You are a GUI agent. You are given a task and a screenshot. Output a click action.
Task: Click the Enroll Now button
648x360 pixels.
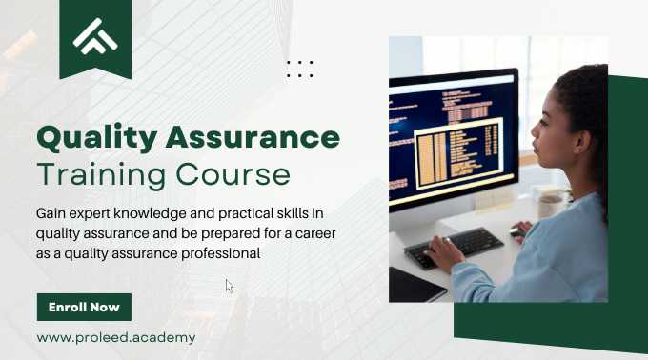pos(84,308)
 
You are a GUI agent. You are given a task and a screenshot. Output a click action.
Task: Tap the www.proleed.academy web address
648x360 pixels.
pos(115,337)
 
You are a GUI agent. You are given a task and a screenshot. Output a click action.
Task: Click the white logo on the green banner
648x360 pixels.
pos(95,36)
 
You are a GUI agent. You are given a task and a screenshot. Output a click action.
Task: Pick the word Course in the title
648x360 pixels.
pos(233,175)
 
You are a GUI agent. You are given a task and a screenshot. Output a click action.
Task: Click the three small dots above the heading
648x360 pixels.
pos(299,69)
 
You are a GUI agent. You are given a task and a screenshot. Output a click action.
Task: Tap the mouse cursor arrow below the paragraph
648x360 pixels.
pos(229,286)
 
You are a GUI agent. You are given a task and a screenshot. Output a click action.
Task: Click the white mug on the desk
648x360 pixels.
pos(551,205)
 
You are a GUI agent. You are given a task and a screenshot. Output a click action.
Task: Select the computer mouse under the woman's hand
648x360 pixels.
pos(517,232)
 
